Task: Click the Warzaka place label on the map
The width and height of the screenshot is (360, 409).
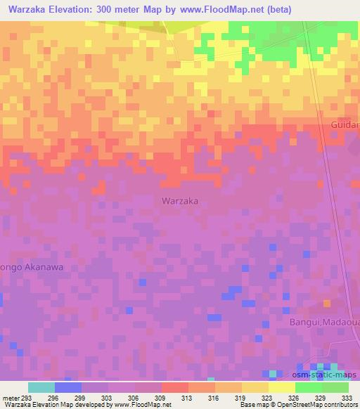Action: click(180, 201)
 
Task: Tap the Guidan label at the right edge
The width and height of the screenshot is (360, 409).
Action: click(345, 124)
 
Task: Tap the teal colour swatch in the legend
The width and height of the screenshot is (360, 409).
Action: click(41, 387)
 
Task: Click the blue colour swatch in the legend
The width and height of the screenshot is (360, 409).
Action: click(67, 387)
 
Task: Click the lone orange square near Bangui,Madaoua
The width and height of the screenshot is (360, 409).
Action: click(326, 303)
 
